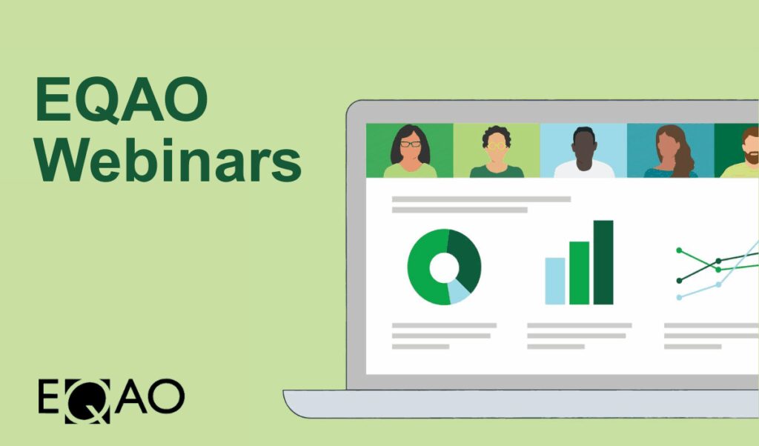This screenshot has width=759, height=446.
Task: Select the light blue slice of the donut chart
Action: coord(459,293)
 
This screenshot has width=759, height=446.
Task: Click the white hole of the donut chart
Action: coord(444,267)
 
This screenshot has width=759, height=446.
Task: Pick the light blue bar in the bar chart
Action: coord(555,281)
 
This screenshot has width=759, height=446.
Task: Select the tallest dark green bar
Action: coord(603,262)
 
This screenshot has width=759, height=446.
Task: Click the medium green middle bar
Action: coord(579,273)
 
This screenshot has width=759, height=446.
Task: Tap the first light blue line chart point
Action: coord(679,297)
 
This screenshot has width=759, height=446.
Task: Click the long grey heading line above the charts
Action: coord(481,199)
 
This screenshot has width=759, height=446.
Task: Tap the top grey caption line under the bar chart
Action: coord(579,325)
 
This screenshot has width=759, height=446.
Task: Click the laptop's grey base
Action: coord(519,404)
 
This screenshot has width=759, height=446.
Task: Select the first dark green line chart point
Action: coord(679,280)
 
